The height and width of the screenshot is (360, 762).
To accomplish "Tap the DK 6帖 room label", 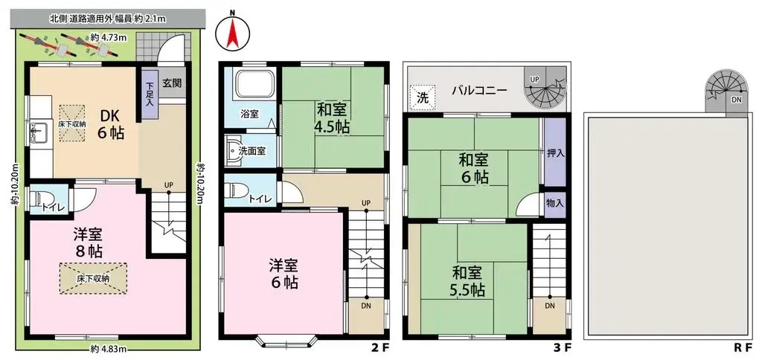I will point(114,123).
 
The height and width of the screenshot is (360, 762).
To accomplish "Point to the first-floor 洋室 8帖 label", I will point(88,241).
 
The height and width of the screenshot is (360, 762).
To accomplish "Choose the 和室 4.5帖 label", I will point(333,118).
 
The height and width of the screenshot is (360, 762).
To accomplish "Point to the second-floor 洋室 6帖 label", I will point(284,273).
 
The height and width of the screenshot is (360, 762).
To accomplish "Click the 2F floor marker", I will point(378,346).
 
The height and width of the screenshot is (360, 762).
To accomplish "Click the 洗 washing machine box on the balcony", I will point(422,97).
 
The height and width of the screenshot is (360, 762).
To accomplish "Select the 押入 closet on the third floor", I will point(554,153).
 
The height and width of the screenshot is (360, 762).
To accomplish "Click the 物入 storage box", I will point(554,202).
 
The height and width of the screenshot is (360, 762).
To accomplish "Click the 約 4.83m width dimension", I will point(109,348).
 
